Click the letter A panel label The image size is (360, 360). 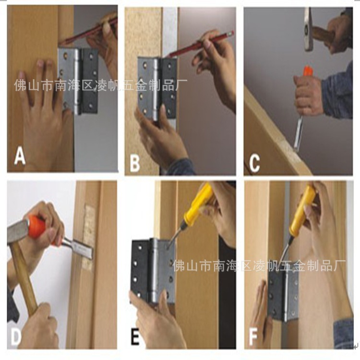click(x=20, y=156)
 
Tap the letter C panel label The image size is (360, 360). click(x=254, y=164)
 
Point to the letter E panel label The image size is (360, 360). click(x=135, y=337)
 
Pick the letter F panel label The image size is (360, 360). click(x=253, y=337)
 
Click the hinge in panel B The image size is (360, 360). click(x=157, y=89)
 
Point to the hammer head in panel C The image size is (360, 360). click(x=308, y=29)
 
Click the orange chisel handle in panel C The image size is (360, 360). click(x=307, y=72)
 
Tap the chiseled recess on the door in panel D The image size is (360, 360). click(x=88, y=237)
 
